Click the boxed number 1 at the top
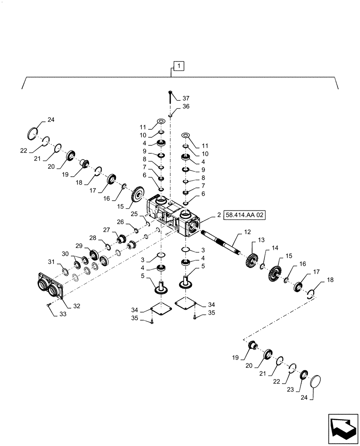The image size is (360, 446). coord(178,67)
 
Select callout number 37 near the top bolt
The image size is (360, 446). coord(185,98)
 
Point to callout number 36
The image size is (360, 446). coord(186,107)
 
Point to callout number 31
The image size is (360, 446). coord(51,261)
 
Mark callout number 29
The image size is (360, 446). coord(79,245)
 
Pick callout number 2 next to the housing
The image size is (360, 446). coord(219,215)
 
